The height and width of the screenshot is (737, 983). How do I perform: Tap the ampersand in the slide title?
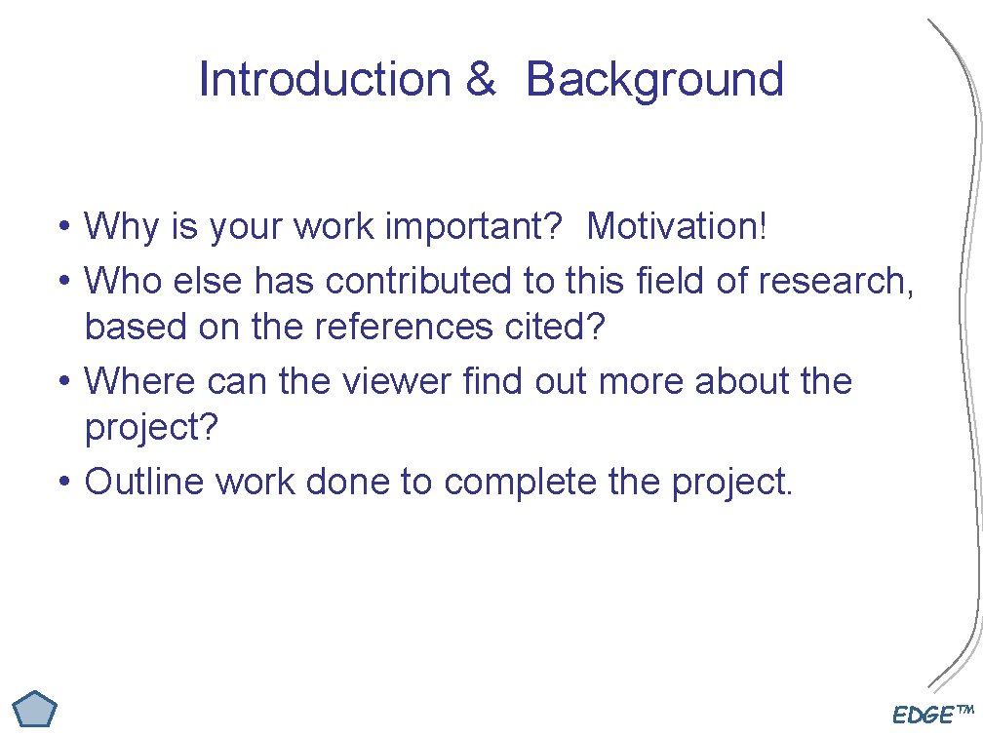coord(480,80)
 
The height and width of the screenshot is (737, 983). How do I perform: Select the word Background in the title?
coord(654,80)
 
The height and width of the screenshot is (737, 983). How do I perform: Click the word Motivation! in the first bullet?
coord(678,227)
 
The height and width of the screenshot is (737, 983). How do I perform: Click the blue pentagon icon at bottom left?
coord(37,709)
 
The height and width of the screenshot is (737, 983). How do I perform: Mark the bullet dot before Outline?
coord(62,482)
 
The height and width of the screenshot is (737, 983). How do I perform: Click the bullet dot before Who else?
coord(62,282)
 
